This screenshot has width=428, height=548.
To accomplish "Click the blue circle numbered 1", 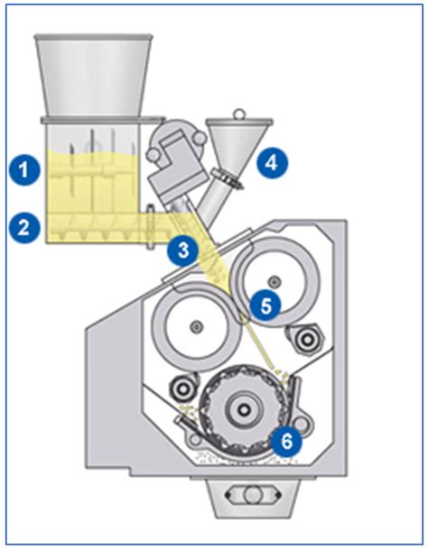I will tap(28, 168).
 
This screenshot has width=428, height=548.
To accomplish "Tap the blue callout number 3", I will tap(183, 251).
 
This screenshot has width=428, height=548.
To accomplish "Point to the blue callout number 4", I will tap(270, 163).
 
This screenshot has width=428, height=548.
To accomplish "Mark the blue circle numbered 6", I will tap(286, 441).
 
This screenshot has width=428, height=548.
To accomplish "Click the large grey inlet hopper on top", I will tap(92, 76).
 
